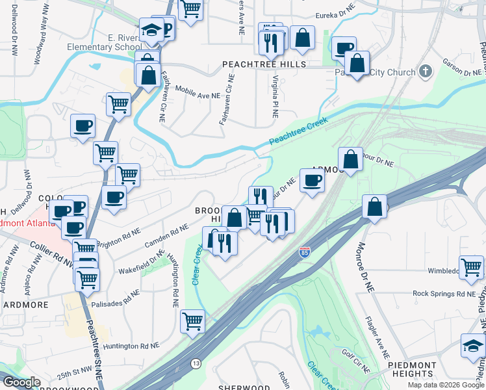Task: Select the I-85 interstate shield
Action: coord(305,252)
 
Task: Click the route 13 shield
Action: coord(196,363)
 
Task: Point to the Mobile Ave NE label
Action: coord(198,96)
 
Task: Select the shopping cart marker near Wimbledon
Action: coord(471,267)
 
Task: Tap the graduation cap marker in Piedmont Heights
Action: coord(473,346)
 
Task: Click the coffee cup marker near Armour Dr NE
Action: coord(312,180)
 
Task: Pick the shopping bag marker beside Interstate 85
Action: coord(374,207)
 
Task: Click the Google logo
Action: coord(21,382)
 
